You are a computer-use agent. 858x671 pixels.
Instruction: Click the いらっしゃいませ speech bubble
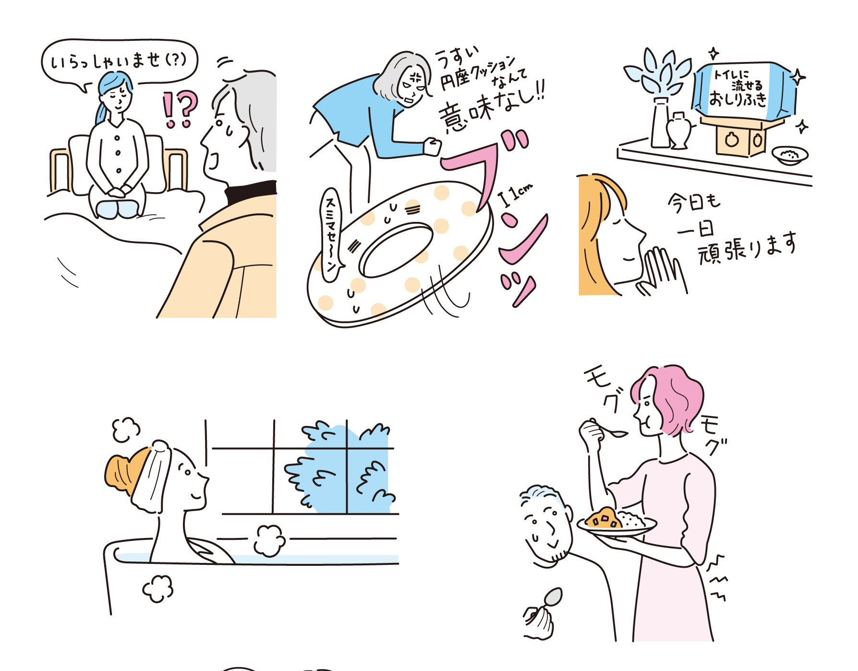click(120, 61)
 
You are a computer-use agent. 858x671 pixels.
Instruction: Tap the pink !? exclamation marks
click(179, 110)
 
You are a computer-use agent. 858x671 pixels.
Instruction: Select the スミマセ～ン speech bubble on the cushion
click(332, 234)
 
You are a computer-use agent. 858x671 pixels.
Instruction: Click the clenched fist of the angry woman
click(432, 146)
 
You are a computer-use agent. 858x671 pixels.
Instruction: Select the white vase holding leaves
click(661, 123)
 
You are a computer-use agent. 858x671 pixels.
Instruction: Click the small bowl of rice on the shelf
click(790, 155)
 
